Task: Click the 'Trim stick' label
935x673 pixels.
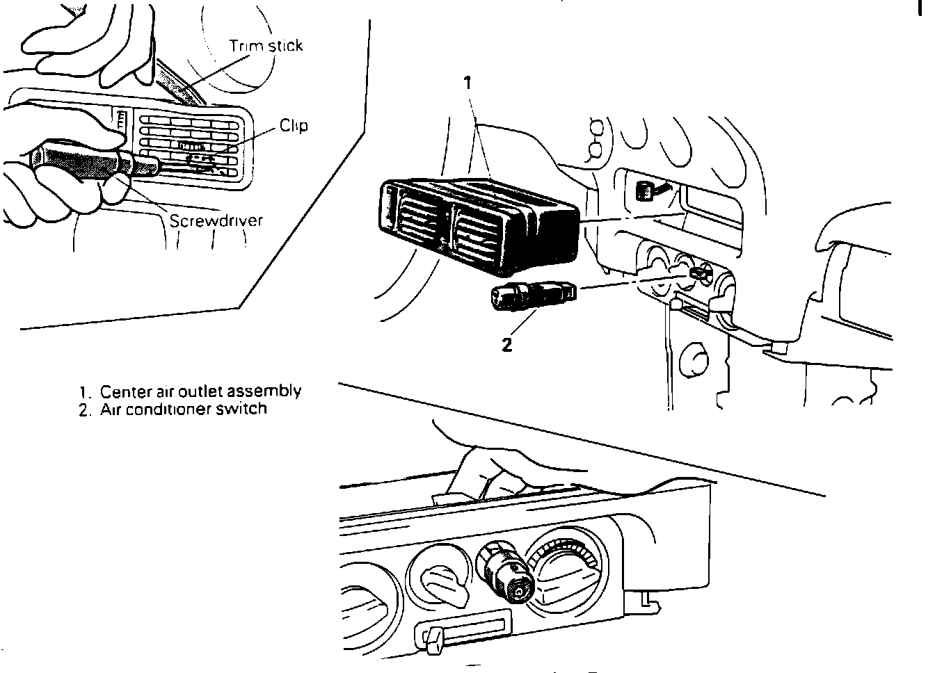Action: (x=266, y=47)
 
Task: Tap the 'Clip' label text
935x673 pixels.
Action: (x=293, y=126)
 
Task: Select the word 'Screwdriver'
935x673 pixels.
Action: (x=216, y=220)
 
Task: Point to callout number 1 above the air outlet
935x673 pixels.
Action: (x=468, y=83)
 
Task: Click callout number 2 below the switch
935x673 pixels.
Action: (x=507, y=343)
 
